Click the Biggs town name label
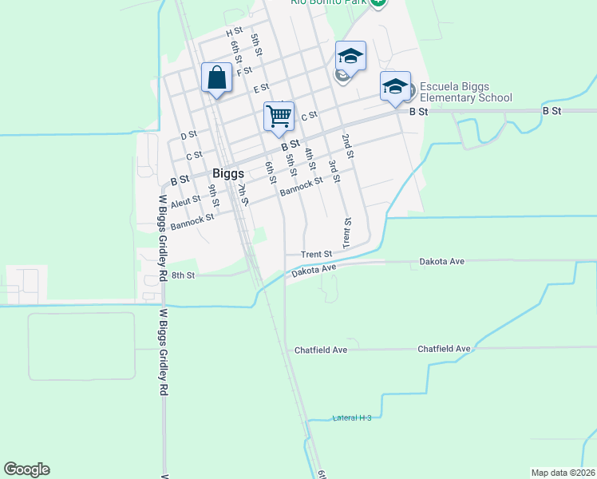pos(227,173)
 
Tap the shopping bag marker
pos(216,78)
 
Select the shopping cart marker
pos(279,117)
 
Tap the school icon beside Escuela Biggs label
pos(394,87)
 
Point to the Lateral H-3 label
pos(352,418)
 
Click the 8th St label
pos(184,275)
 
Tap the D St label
pos(188,136)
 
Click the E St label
pos(261,89)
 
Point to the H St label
pos(234,32)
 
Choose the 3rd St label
pos(333,170)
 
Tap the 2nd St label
pos(347,143)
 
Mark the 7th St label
pos(243,193)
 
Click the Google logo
pos(26,469)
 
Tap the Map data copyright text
pos(563,473)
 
